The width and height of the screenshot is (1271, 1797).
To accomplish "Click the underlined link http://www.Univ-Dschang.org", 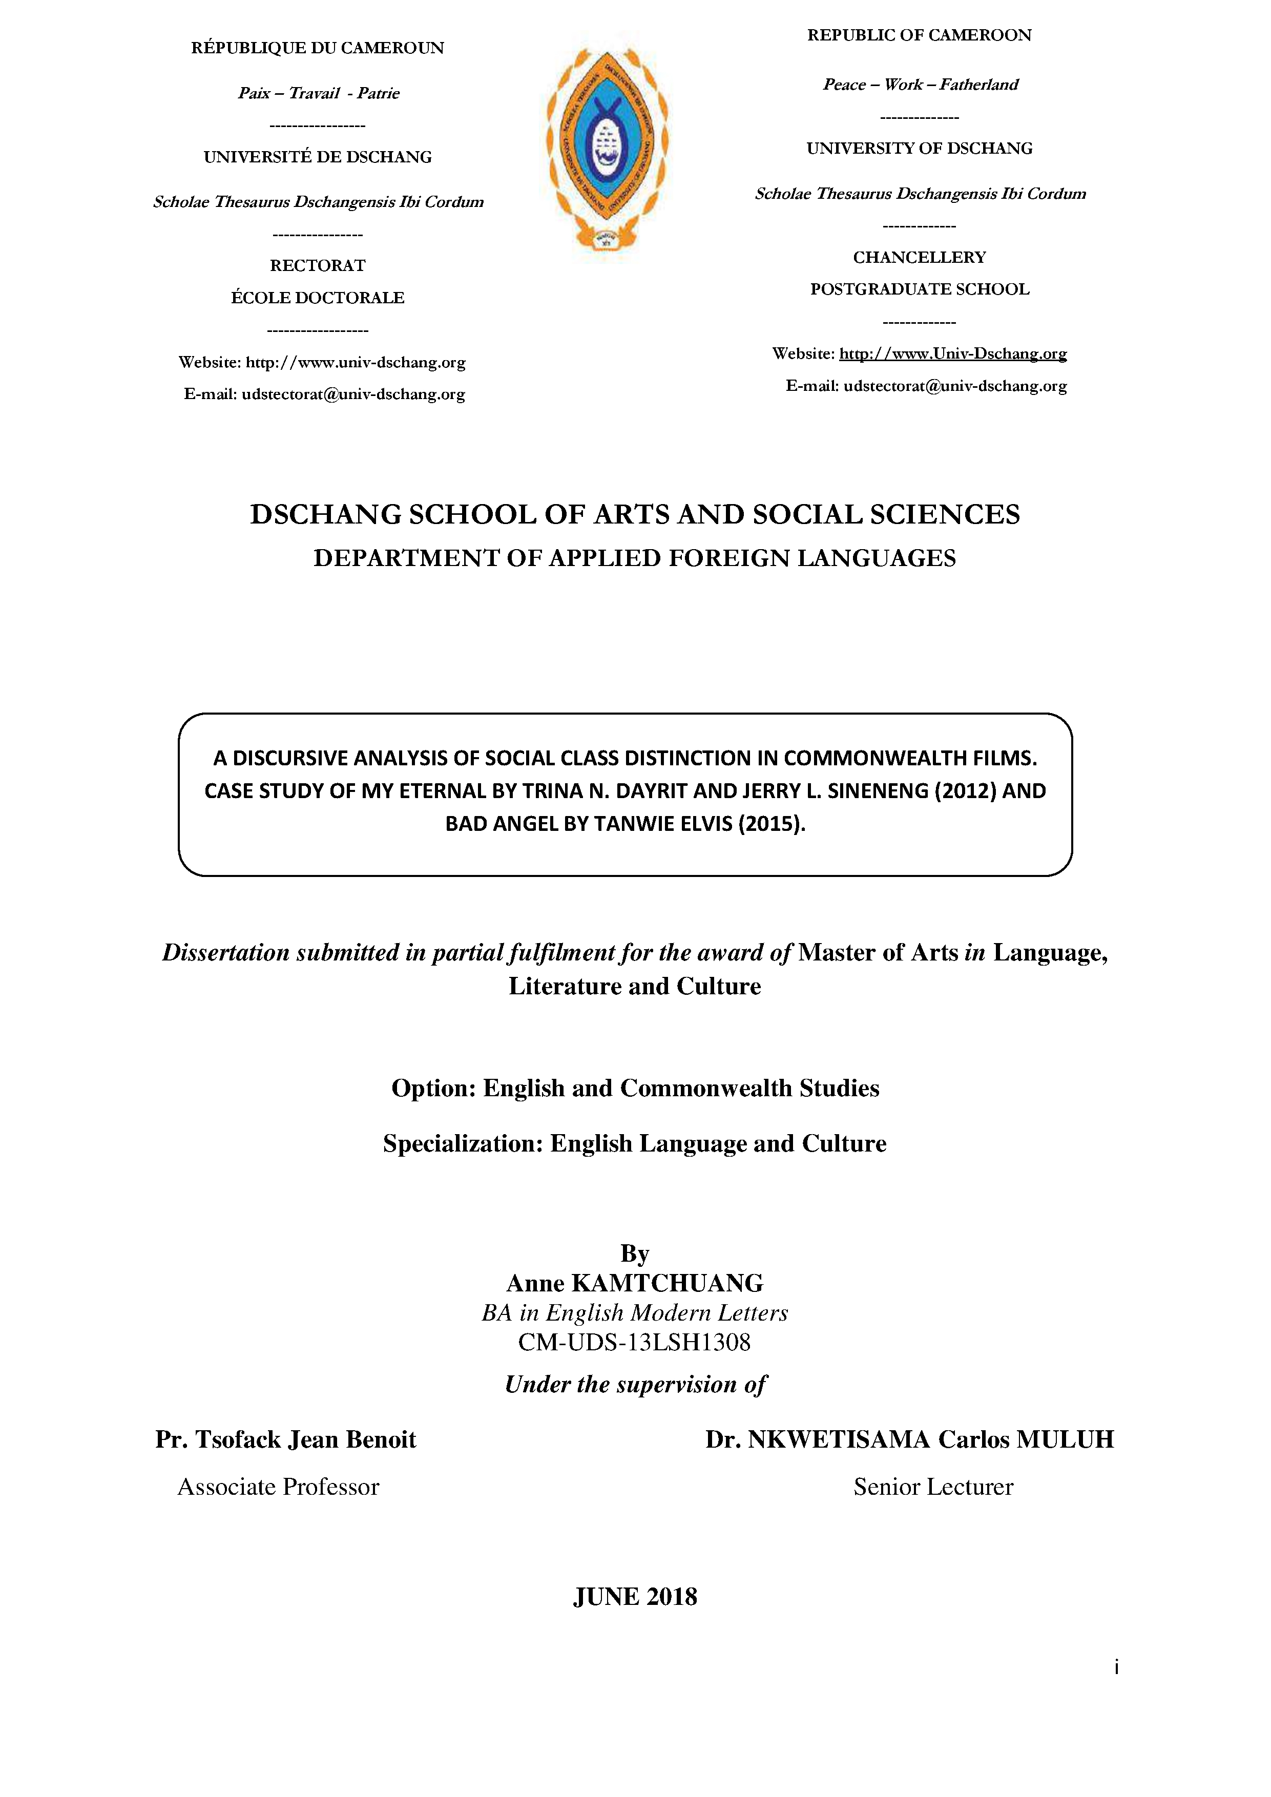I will [952, 354].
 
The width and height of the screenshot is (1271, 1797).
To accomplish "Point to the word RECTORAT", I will [317, 265].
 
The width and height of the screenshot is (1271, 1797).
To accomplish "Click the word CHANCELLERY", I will [919, 258].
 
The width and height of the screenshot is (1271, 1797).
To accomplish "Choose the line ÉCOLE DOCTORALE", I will [317, 298].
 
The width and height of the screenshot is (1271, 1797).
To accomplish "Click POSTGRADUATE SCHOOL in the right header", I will [919, 289].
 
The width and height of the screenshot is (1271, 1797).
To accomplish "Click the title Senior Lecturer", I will [933, 1486].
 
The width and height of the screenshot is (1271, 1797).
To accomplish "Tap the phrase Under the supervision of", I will [635, 1385].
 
